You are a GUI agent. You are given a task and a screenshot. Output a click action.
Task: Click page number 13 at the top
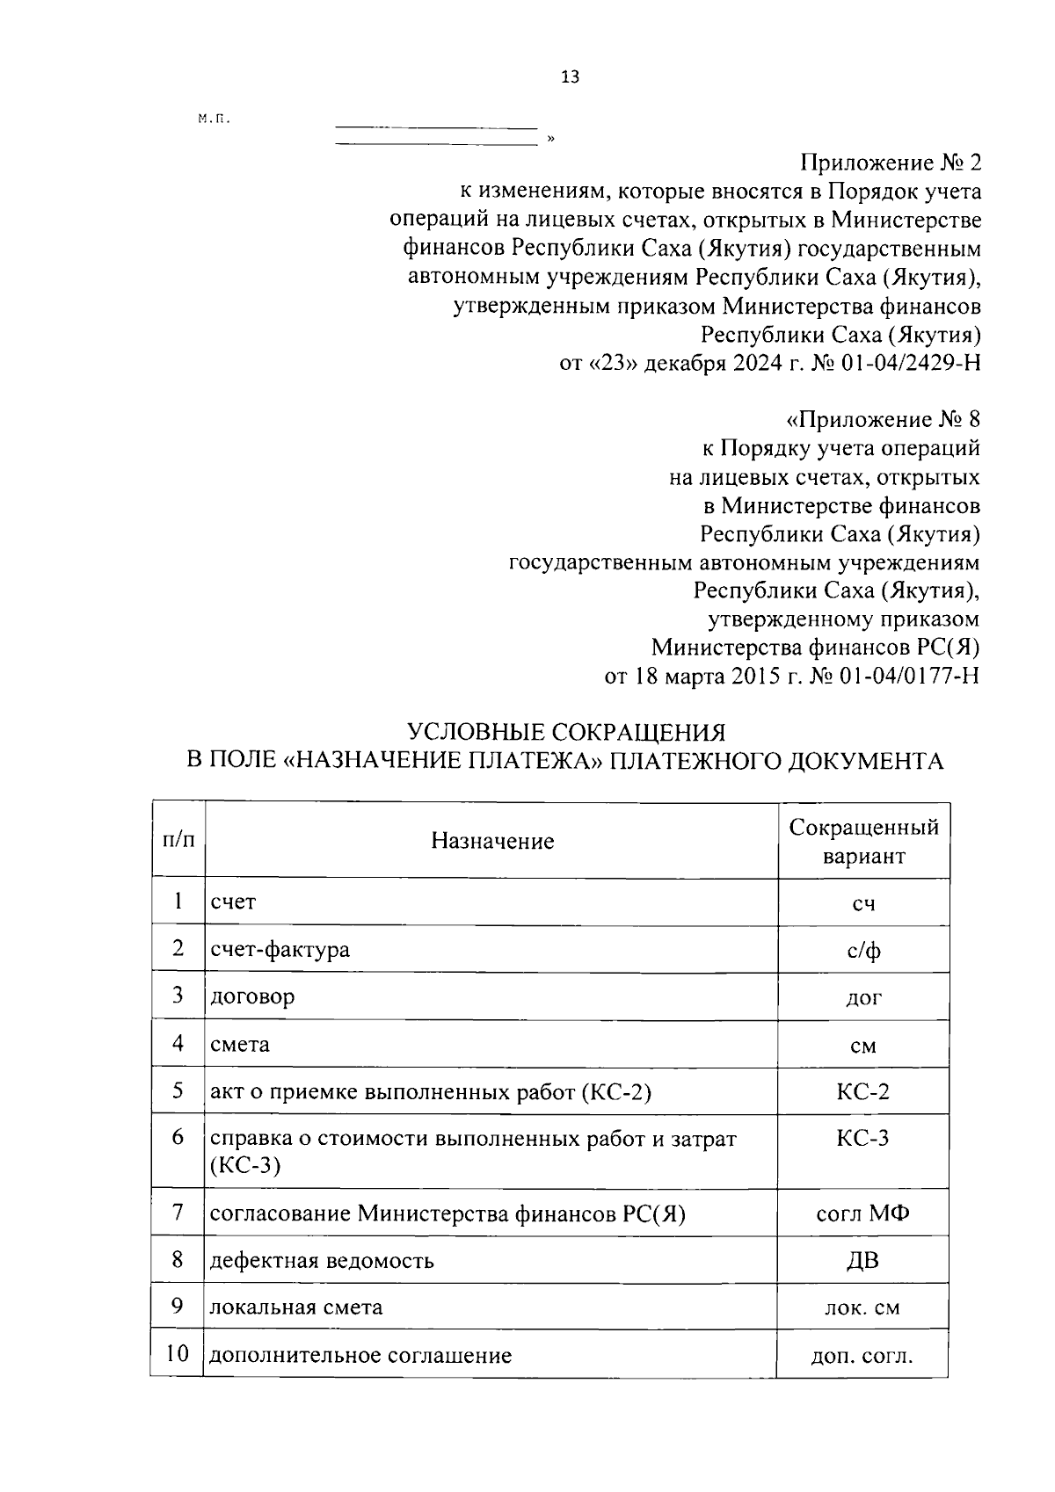570,78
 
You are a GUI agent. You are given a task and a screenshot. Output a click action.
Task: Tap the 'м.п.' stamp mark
213,119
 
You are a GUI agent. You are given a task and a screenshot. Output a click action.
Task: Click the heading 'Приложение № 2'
890,163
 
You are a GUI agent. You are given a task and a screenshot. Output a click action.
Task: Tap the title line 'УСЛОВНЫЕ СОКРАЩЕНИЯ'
565,732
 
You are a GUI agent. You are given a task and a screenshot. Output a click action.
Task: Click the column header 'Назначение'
492,841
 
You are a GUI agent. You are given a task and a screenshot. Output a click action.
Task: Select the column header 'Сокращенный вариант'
863,841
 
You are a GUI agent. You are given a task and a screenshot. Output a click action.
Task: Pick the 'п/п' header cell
178,840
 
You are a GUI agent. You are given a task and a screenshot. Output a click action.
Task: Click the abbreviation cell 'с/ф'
863,950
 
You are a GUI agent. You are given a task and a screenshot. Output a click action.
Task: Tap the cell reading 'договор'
252,996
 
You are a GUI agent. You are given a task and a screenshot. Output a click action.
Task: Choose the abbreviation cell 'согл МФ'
862,1213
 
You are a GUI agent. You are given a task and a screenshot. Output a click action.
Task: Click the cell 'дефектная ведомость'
322,1261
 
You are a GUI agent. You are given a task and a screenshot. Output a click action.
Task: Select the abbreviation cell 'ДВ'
862,1261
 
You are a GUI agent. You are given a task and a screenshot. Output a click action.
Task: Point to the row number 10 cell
178,1353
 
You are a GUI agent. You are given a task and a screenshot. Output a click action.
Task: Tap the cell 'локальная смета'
296,1307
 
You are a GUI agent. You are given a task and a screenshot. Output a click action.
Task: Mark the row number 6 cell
178,1137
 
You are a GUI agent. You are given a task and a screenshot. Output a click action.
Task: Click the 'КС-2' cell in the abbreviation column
862,1091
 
